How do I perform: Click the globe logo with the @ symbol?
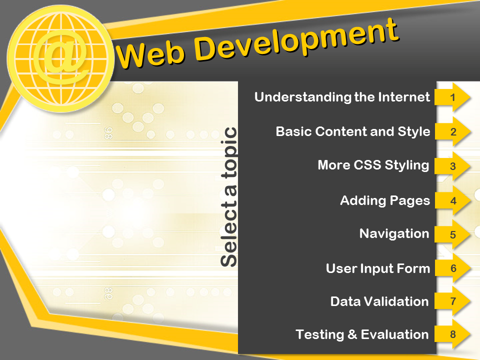coord(60,58)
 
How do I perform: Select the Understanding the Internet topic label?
coord(342,97)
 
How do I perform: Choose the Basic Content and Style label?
coord(353,131)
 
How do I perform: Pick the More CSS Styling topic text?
coord(373,165)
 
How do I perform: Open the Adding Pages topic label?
coord(385,201)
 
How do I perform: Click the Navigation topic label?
coord(394,233)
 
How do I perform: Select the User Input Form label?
coord(378,268)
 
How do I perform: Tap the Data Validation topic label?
coord(379,301)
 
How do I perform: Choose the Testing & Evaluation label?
coord(362,334)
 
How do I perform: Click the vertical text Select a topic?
coord(228,197)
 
